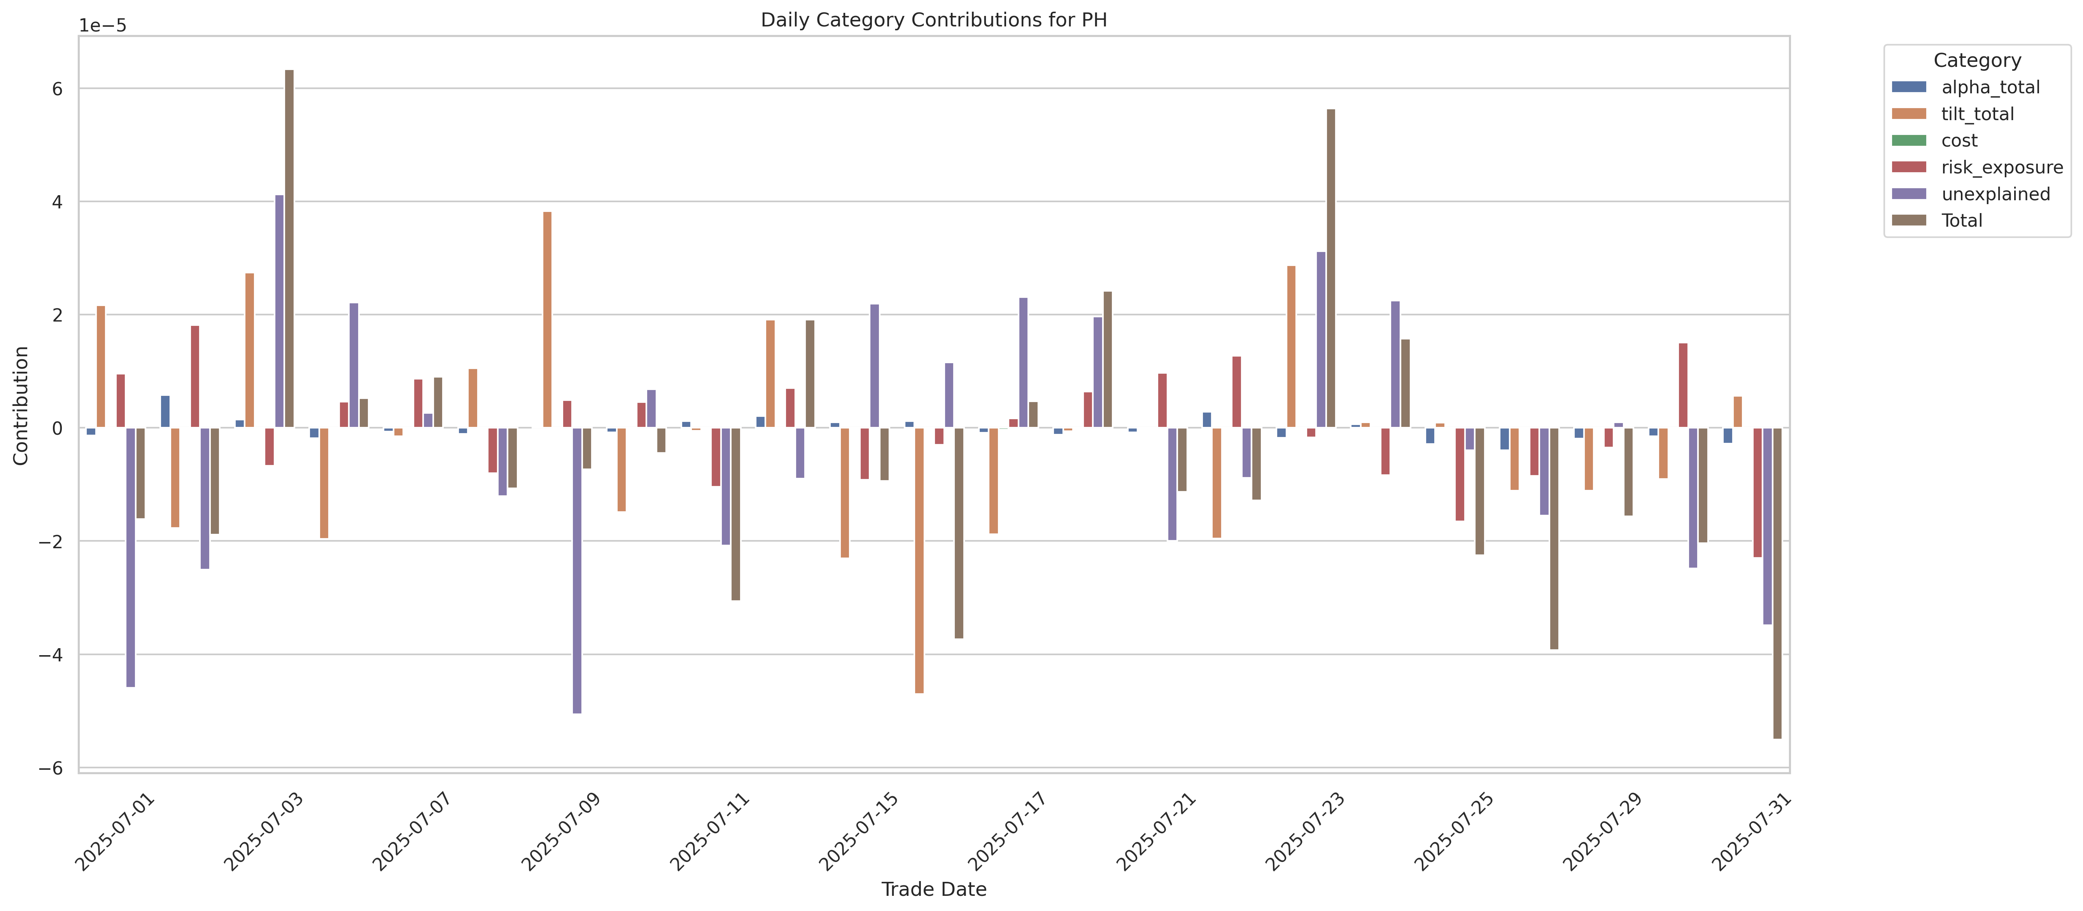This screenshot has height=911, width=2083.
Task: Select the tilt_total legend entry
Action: click(1977, 114)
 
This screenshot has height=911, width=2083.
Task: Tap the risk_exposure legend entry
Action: click(2001, 167)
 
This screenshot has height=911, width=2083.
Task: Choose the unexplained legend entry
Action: click(1995, 194)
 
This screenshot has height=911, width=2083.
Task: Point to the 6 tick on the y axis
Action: click(57, 89)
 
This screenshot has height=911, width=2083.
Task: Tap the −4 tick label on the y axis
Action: click(50, 655)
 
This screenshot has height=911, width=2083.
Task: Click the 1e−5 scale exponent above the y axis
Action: click(103, 26)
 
